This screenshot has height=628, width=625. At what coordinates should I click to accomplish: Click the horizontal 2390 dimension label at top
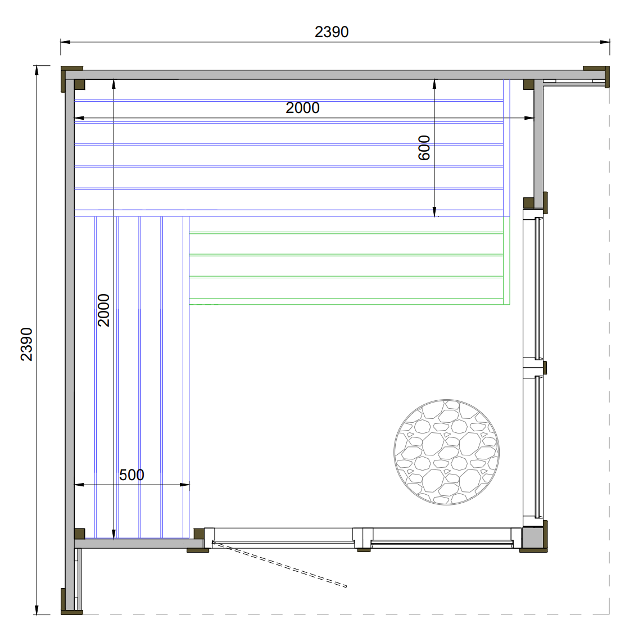point(332,32)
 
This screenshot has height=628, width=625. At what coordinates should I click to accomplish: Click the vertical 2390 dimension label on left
point(26,344)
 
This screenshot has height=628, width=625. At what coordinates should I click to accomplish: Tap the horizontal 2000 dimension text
point(303,108)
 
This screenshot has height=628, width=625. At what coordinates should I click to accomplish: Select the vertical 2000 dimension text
point(103,310)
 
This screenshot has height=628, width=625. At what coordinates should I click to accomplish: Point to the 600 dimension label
point(424,148)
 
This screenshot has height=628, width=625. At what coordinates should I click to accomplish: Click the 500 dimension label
point(132,475)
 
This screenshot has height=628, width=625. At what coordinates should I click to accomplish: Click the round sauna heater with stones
point(446,452)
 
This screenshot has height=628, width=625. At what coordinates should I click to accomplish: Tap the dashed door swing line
point(279,564)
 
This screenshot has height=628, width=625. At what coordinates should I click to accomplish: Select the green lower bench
point(350,261)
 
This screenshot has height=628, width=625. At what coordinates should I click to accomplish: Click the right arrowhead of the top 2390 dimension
point(605,42)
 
